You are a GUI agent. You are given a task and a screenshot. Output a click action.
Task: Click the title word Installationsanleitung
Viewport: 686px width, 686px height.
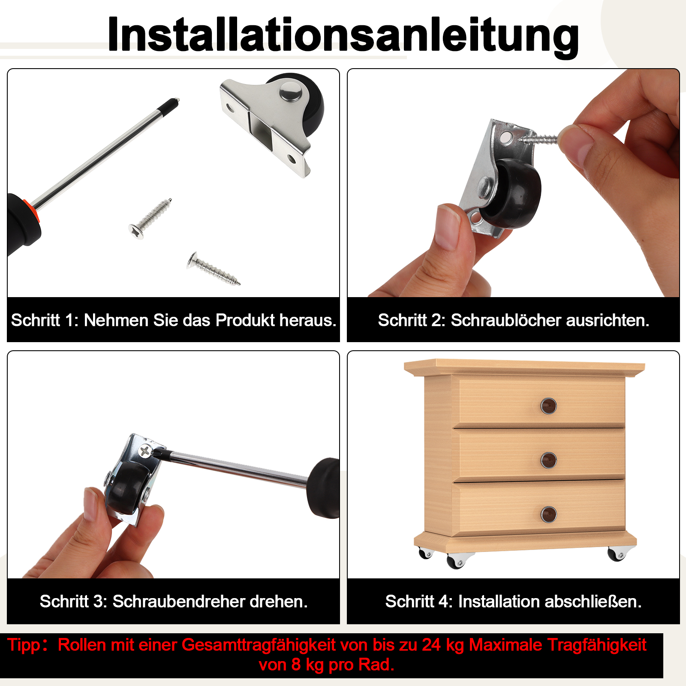[343, 35]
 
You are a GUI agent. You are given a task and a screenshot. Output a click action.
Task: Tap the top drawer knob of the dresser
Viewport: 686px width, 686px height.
[548, 406]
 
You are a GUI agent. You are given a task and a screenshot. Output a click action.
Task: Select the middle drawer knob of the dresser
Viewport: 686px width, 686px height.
[548, 460]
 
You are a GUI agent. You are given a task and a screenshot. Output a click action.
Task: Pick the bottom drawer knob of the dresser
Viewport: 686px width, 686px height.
[548, 514]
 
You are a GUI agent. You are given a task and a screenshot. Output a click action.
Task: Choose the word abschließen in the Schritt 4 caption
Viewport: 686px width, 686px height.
[593, 602]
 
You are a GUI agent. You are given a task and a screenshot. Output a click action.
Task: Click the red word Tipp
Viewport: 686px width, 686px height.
[24, 645]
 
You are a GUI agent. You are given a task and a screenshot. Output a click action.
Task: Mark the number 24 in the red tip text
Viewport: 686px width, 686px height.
[431, 645]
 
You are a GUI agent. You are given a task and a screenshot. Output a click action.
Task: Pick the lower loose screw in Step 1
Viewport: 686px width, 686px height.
[213, 268]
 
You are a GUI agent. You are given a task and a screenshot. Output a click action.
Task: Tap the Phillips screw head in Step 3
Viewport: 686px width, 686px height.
[146, 451]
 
